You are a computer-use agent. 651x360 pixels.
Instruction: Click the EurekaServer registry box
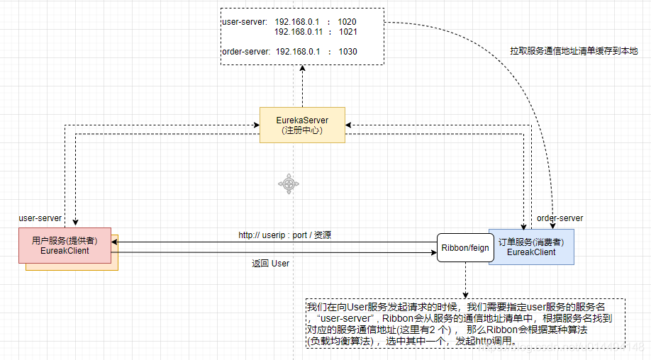(302, 125)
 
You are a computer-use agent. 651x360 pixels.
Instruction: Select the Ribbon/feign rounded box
(464, 247)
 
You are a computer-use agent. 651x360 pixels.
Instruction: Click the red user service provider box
(65, 245)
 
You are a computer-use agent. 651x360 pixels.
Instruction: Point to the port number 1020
(348, 22)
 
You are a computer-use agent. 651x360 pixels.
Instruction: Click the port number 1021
(348, 32)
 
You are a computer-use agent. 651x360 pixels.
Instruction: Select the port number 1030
(347, 52)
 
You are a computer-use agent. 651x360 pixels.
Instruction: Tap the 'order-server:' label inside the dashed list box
(245, 52)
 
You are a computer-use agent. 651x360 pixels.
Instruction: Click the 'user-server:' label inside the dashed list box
(243, 22)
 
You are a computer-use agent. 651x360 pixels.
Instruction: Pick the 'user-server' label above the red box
(40, 218)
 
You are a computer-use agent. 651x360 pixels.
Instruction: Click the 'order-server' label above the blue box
(560, 218)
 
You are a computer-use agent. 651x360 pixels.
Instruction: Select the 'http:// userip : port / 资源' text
(284, 235)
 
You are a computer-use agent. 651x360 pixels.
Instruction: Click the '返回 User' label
(270, 264)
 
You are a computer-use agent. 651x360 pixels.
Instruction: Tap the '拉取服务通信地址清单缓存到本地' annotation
(574, 51)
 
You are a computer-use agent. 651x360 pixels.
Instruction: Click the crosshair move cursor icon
(289, 184)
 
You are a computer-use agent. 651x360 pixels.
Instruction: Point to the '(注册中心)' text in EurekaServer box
(302, 130)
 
